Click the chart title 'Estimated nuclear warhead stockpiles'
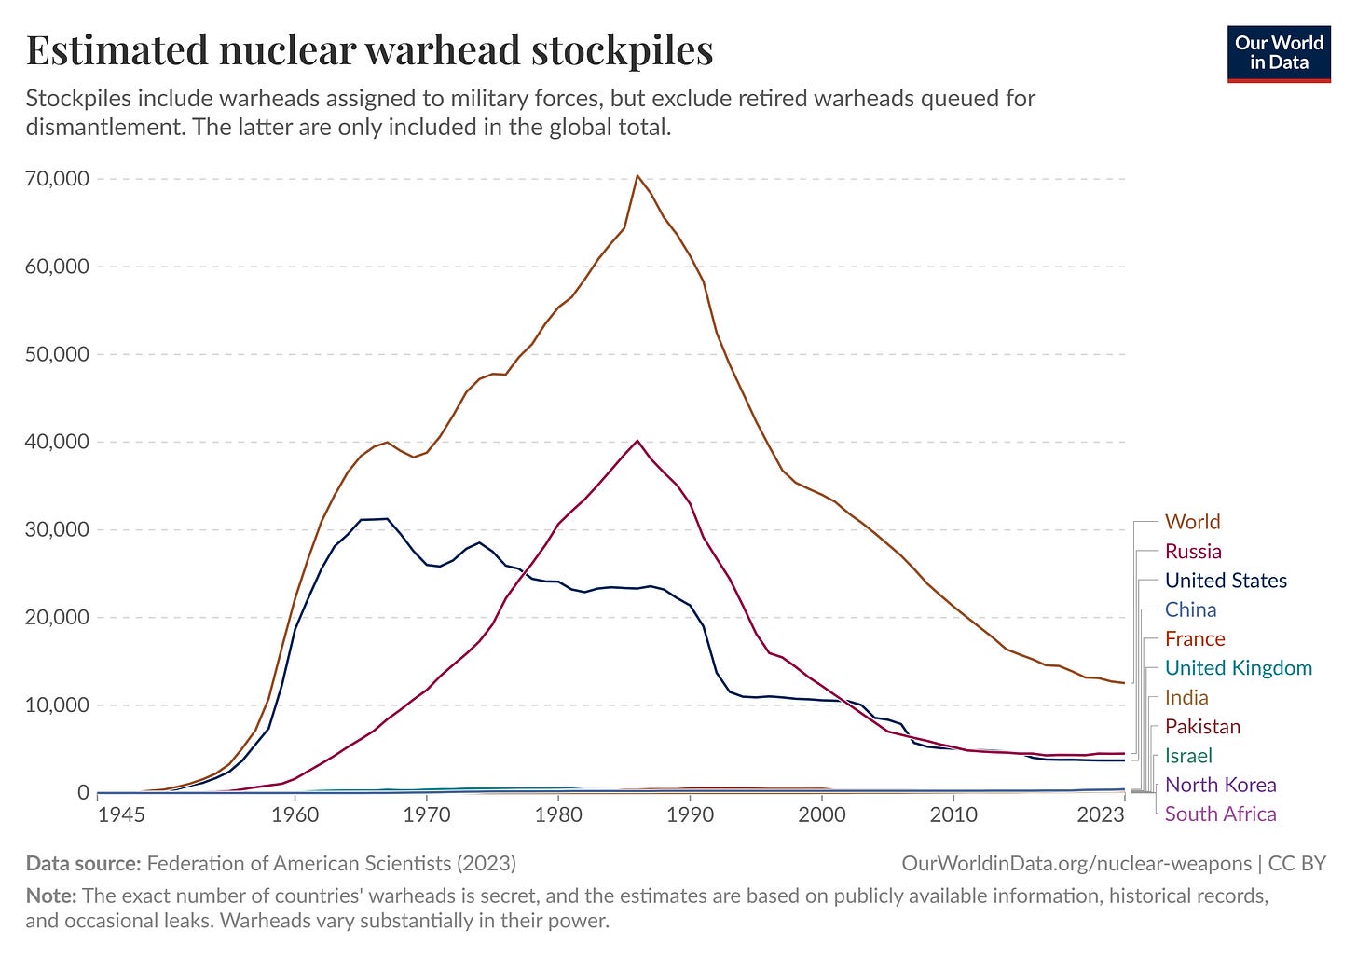(369, 50)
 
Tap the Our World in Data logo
(1279, 53)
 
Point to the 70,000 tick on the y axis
(58, 179)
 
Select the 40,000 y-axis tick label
(58, 442)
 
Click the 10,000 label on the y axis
(58, 705)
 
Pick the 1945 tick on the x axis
(121, 814)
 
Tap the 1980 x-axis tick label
(558, 814)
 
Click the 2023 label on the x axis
(1101, 814)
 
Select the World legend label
(1192, 522)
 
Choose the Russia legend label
(1193, 552)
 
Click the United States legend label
(1226, 581)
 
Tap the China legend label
(1190, 609)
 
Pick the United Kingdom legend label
(1238, 668)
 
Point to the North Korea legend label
(1220, 785)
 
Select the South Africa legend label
(1220, 814)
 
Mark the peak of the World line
(637, 175)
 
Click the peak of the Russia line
(637, 441)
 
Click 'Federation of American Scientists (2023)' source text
(331, 863)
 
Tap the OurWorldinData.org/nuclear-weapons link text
(1076, 863)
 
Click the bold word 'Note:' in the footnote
(51, 896)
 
